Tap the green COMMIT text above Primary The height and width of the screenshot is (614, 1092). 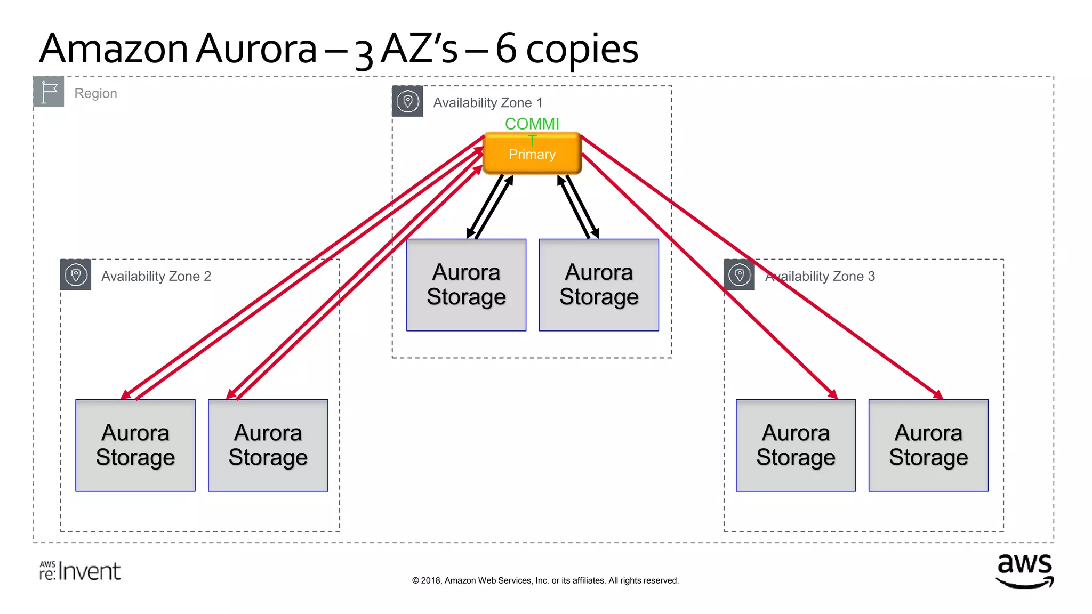pyautogui.click(x=532, y=125)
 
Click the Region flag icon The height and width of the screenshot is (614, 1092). pyautogui.click(x=49, y=92)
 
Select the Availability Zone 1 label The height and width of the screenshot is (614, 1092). pyautogui.click(x=487, y=103)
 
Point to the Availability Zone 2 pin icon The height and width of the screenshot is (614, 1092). pyautogui.click(x=76, y=275)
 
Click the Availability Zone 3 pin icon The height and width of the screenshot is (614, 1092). pyautogui.click(x=740, y=275)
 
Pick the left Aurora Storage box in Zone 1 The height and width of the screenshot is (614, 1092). pyautogui.click(x=466, y=285)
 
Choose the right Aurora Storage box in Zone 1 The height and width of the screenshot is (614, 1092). pyautogui.click(x=599, y=285)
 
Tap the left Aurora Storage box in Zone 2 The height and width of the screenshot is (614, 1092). pyautogui.click(x=135, y=446)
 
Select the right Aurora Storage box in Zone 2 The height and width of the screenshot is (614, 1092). pyautogui.click(x=268, y=446)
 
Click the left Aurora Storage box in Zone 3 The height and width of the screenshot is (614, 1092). pyautogui.click(x=796, y=446)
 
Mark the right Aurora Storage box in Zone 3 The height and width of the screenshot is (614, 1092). pyautogui.click(x=928, y=446)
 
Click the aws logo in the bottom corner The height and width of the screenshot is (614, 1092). pyautogui.click(x=1024, y=571)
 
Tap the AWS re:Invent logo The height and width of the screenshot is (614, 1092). pyautogui.click(x=80, y=571)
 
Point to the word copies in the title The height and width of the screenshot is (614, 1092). pyautogui.click(x=582, y=49)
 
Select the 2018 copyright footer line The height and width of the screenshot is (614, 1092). pyautogui.click(x=545, y=580)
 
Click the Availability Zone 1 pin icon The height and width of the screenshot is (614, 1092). pyautogui.click(x=408, y=101)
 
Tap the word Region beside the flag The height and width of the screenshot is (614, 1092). pyautogui.click(x=95, y=93)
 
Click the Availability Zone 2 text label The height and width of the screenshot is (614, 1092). pyautogui.click(x=156, y=277)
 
